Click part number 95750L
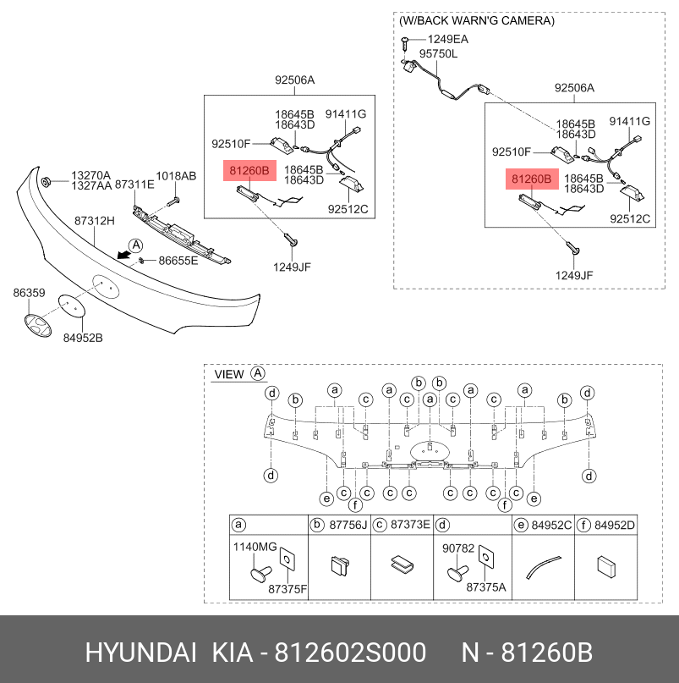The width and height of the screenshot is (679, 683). pyautogui.click(x=439, y=53)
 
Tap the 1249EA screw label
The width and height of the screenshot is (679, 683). pyautogui.click(x=447, y=39)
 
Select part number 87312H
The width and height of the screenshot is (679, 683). pyautogui.click(x=94, y=220)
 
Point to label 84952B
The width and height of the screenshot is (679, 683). pyautogui.click(x=83, y=339)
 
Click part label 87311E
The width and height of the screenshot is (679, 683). pyautogui.click(x=134, y=184)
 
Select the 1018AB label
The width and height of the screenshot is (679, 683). pyautogui.click(x=176, y=176)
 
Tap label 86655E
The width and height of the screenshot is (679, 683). pyautogui.click(x=178, y=260)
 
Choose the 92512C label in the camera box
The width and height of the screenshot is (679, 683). pyautogui.click(x=629, y=219)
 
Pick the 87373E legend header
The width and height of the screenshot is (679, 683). pyautogui.click(x=409, y=525)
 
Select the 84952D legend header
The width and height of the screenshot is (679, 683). pyautogui.click(x=614, y=525)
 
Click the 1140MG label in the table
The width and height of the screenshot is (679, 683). pyautogui.click(x=255, y=548)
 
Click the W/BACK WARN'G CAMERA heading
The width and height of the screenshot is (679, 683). pyautogui.click(x=477, y=20)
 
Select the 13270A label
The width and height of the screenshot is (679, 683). pyautogui.click(x=90, y=175)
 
